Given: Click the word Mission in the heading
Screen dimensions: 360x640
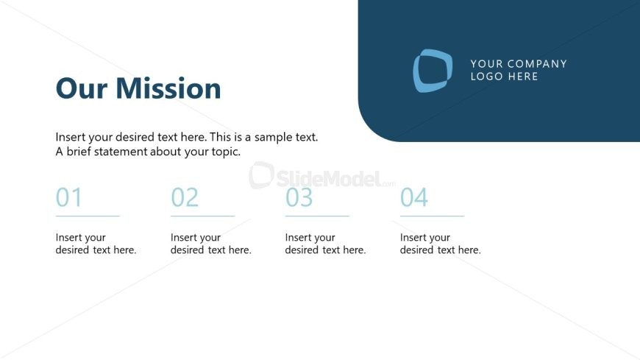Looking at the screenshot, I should coord(168,88).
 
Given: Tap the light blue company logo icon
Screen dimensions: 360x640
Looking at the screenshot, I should coord(432,71).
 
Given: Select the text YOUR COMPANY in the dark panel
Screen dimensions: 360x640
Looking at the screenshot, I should coord(519,64).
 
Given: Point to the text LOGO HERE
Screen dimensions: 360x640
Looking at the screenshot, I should coord(505,77).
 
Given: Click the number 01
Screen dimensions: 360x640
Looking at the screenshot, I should coord(69,197).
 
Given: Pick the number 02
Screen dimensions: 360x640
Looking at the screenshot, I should coord(185,197).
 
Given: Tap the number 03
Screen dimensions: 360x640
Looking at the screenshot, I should coord(299,197).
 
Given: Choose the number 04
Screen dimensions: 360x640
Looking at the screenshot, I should coord(414,197).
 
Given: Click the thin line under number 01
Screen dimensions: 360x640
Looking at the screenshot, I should coord(88,216).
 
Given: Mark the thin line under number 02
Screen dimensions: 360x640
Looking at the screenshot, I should coord(202,216).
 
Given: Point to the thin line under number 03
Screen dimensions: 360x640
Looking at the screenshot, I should coord(317,216).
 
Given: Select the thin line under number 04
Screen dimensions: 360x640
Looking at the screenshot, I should coord(432,216).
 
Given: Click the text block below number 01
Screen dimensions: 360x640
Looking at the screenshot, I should coord(96,244).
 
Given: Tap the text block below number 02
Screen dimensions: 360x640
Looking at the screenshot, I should coord(210,244).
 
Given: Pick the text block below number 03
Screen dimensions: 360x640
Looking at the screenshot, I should coord(325,244).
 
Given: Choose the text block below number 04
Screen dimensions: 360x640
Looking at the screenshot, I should coord(440,244).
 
